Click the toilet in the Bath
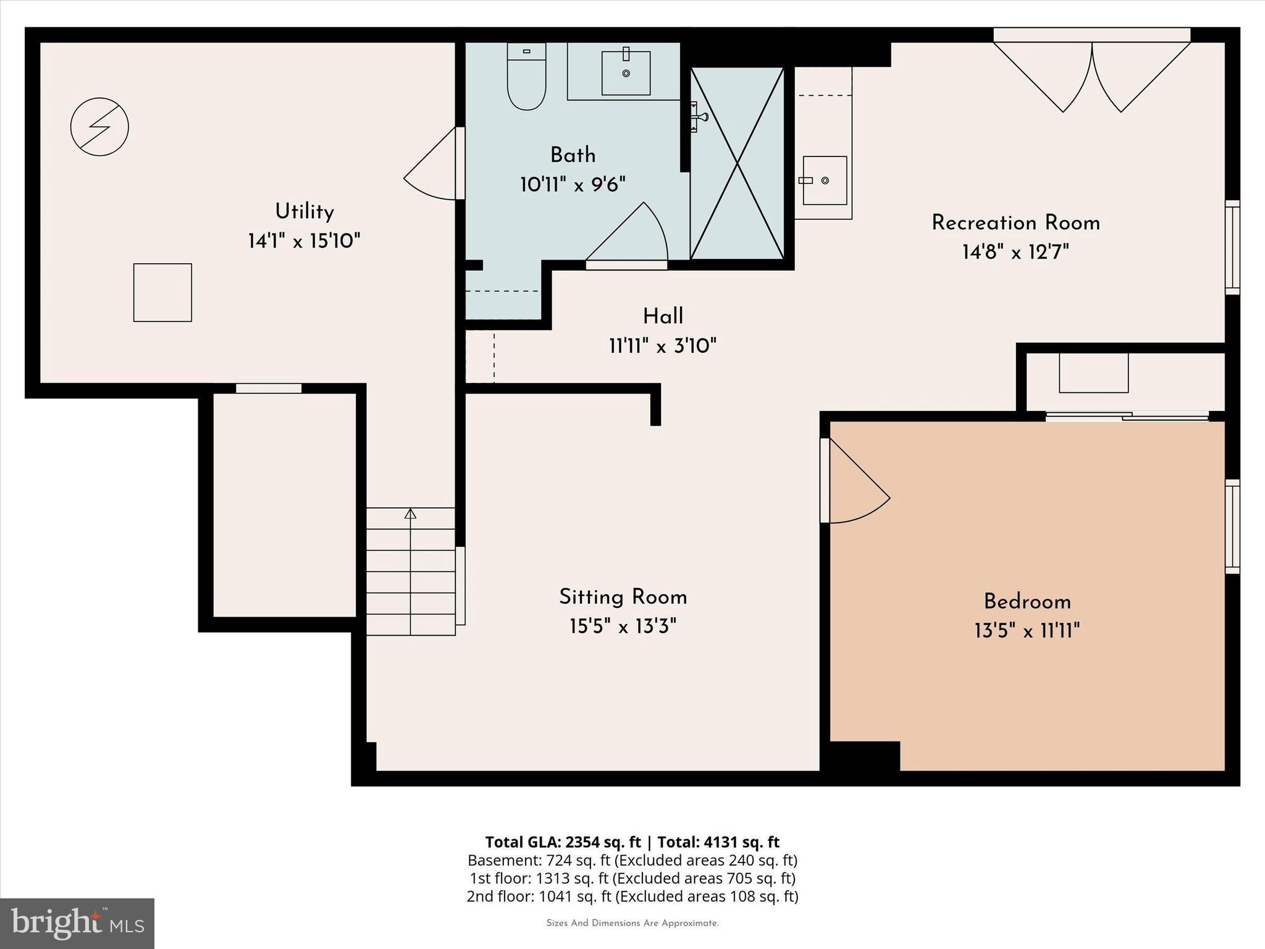coord(526,79)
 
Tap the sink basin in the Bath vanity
coord(626,73)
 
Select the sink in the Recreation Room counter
coord(824,180)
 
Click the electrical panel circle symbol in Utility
coord(99,127)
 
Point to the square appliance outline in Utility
coord(162,292)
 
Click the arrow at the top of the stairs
coord(410,513)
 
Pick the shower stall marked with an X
coord(737,163)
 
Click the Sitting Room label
coord(623,597)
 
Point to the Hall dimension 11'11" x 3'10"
coord(662,346)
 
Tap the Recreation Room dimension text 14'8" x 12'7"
coord(1015,252)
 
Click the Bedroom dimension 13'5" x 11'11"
coord(1027,631)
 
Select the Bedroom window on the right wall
coord(1232,526)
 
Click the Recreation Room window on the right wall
coord(1232,247)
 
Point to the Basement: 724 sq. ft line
coord(632,860)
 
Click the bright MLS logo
coord(77,923)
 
